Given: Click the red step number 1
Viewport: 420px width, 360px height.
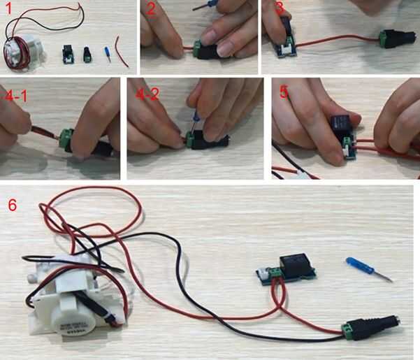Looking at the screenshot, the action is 9,8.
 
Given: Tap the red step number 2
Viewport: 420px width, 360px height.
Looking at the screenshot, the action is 151,9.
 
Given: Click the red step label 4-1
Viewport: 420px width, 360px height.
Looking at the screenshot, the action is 16,96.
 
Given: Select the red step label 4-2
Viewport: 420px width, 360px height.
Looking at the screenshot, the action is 147,94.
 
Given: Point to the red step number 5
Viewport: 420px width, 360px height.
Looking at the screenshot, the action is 284,93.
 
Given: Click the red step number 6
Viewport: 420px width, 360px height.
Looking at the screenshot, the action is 13,206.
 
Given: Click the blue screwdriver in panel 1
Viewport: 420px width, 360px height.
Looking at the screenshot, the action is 108,54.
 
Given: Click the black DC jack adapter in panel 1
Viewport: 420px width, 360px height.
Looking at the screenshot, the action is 87,55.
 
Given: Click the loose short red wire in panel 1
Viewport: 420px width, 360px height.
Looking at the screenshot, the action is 122,52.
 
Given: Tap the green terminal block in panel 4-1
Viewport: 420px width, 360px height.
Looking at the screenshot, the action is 66,138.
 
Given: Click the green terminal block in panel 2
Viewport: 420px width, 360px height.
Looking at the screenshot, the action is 198,48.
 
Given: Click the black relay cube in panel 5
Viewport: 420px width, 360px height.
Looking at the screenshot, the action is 341,125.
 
